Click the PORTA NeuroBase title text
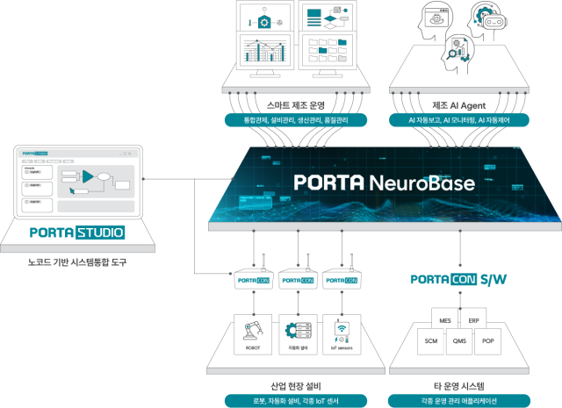coord(385,183)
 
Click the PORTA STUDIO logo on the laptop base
coord(76,233)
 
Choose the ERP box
coord(473,320)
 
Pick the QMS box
coord(458,341)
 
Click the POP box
coord(487,341)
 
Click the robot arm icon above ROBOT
coord(253,332)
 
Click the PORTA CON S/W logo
coord(458,280)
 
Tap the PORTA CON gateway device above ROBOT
coord(252,280)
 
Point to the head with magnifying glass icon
coord(457,53)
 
